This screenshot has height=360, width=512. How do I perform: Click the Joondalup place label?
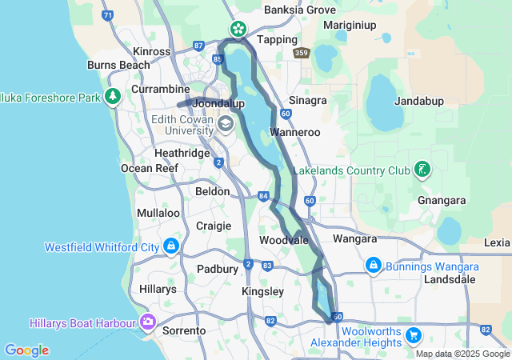coord(218,104)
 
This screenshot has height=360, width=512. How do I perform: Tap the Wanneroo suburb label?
coord(294,131)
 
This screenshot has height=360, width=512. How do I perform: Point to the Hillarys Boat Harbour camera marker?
coord(147,322)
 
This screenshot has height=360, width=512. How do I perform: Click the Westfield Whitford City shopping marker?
coord(170,246)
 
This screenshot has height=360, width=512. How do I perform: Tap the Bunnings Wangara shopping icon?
coord(373,266)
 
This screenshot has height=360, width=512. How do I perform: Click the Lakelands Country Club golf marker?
coord(422,170)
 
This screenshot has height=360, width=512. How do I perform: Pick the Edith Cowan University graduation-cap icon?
coord(226,123)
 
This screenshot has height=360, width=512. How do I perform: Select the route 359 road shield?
coord(302,54)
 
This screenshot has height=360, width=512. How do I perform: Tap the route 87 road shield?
coord(199,46)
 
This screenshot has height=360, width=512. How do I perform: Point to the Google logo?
coord(26,350)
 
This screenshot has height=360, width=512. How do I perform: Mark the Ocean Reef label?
coord(143,168)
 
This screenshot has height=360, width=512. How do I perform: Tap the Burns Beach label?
coord(113,65)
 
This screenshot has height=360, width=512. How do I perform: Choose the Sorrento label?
coord(185,330)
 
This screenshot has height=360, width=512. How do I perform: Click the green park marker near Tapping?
coord(238,29)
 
